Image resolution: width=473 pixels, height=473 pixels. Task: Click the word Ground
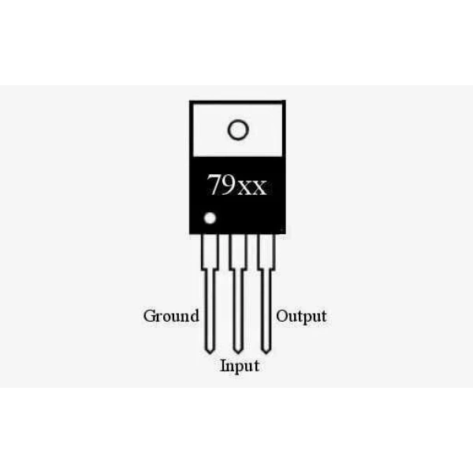[x=171, y=316]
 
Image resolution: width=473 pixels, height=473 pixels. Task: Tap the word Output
[x=301, y=316]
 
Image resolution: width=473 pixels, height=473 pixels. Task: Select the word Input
[x=240, y=367]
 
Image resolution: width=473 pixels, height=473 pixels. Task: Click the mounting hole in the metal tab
[x=238, y=130]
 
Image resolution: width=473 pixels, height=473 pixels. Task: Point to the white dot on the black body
[x=210, y=218]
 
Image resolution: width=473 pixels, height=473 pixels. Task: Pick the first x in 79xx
[x=244, y=188]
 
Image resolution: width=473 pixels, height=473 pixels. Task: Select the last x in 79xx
[x=259, y=188]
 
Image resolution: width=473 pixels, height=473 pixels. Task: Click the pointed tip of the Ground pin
[x=210, y=353]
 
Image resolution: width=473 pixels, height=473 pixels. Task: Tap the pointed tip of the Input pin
[x=238, y=353]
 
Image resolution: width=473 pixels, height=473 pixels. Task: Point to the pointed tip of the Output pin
[x=266, y=353]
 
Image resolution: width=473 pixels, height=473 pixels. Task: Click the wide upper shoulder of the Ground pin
[x=210, y=252]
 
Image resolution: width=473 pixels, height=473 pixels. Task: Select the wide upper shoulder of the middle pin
[x=238, y=252]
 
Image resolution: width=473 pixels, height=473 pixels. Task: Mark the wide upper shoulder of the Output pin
[x=266, y=252]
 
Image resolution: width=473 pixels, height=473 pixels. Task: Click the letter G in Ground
[x=150, y=315]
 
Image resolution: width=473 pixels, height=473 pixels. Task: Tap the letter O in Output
[x=283, y=316]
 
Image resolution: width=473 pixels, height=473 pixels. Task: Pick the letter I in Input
[x=224, y=366]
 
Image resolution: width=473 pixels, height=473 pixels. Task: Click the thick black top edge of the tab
[x=237, y=102]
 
